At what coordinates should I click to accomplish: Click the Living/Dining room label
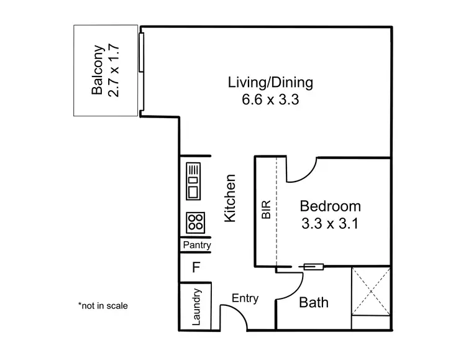(x=270, y=82)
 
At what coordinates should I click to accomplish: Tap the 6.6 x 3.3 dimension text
(x=271, y=99)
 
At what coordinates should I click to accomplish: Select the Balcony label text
(x=97, y=70)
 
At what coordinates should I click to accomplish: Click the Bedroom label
(x=330, y=206)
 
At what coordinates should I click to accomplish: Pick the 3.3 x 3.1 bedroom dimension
(x=330, y=223)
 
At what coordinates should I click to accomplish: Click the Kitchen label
(x=230, y=198)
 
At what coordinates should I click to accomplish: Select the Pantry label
(x=196, y=246)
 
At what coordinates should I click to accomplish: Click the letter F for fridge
(x=196, y=268)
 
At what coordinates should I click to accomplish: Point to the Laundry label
(x=196, y=307)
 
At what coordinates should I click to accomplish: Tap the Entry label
(x=245, y=298)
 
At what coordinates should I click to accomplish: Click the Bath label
(x=314, y=303)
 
